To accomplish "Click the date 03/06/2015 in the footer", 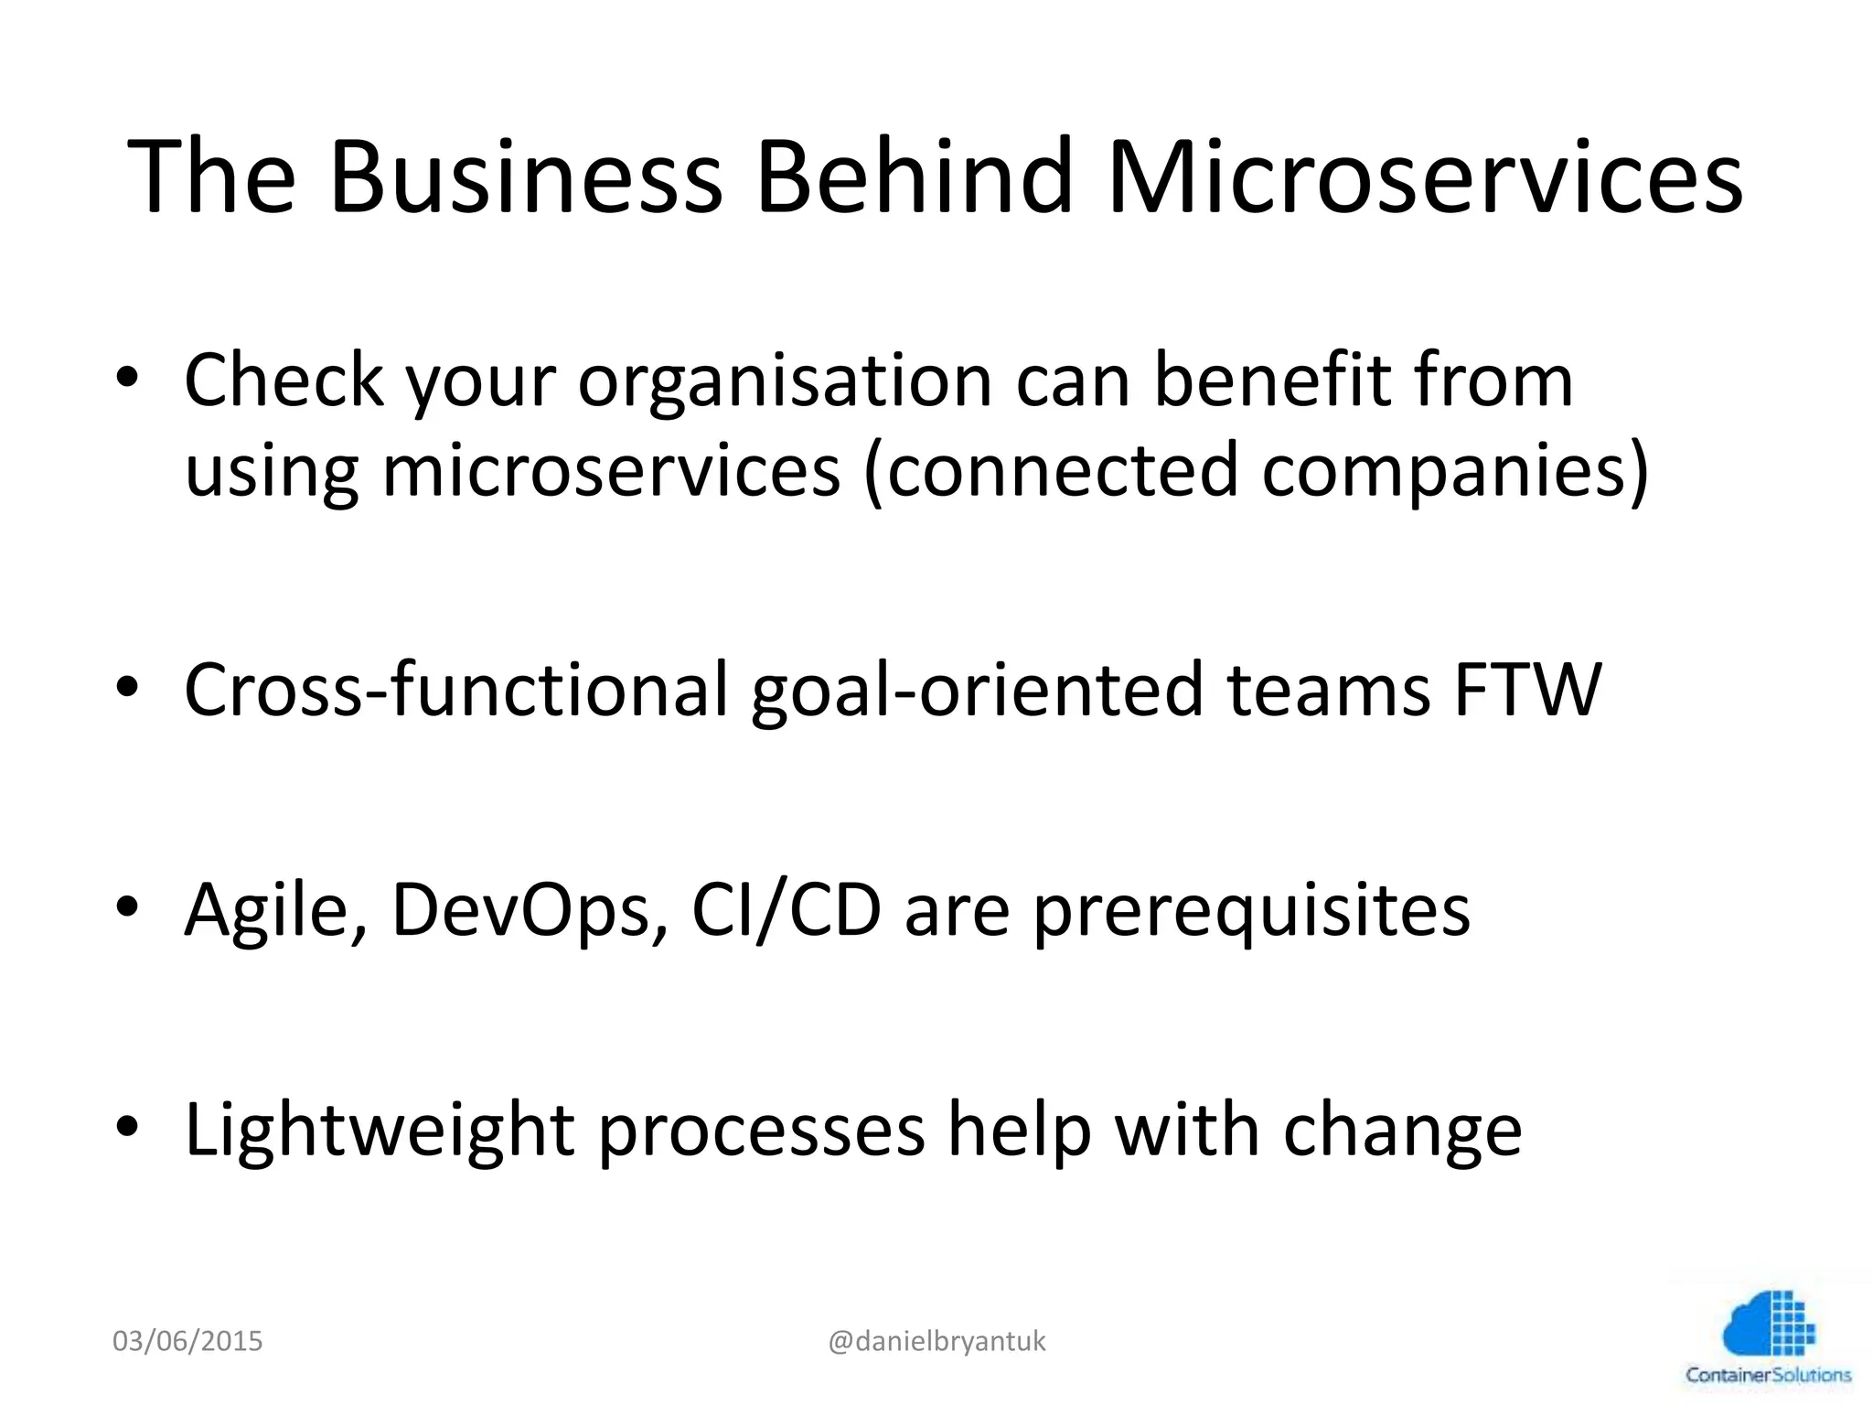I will (187, 1342).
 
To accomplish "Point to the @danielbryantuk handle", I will (936, 1342).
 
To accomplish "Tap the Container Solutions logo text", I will (1768, 1375).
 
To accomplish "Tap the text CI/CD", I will (787, 910).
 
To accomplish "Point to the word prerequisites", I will (1252, 912).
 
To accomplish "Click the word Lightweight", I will (380, 1132).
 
